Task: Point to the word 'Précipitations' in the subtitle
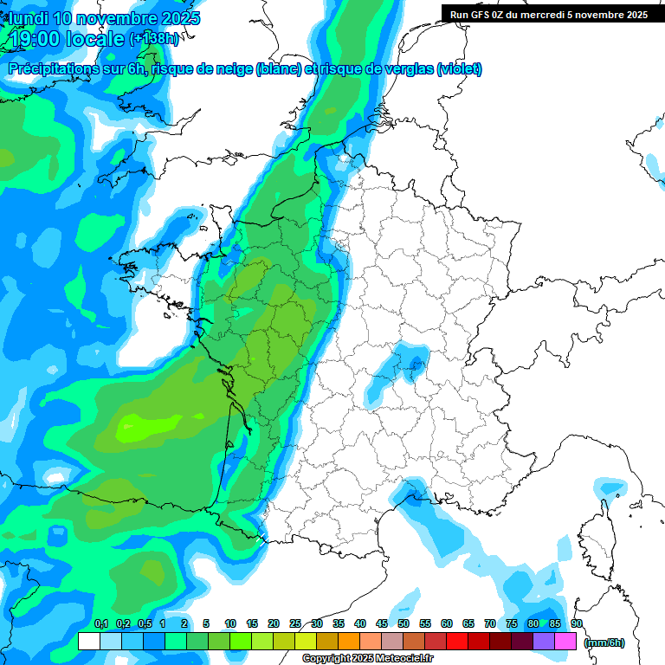click(55, 69)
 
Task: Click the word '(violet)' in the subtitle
click(459, 69)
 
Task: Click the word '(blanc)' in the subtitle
click(279, 69)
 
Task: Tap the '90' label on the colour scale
click(577, 623)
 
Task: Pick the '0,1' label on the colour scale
click(100, 623)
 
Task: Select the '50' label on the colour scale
click(404, 623)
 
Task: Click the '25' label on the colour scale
click(295, 623)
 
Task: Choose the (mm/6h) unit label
click(604, 642)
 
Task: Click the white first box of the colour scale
click(88, 641)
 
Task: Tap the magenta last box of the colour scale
click(565, 641)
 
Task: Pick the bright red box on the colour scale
click(456, 641)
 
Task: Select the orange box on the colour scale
click(348, 641)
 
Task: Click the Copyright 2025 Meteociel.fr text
click(366, 659)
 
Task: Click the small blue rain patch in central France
click(410, 364)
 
